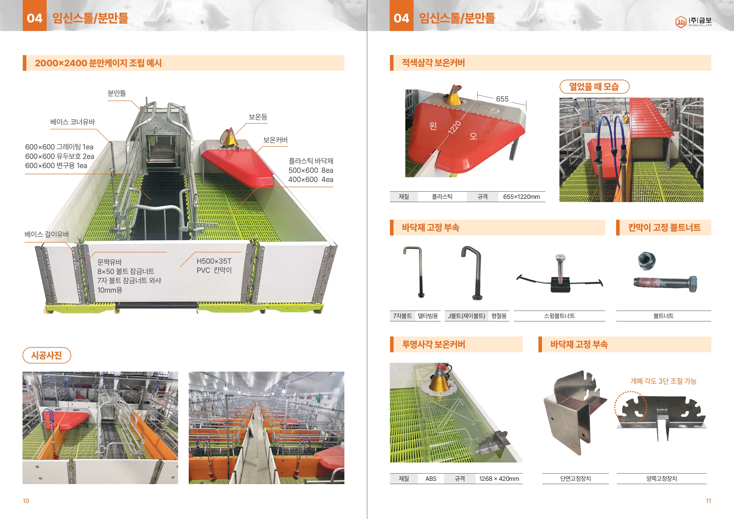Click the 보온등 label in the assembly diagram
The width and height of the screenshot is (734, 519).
pyautogui.click(x=258, y=117)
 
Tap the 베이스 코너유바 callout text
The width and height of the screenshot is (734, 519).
pyautogui.click(x=72, y=122)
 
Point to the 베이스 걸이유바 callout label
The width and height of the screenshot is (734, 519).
pyautogui.click(x=47, y=234)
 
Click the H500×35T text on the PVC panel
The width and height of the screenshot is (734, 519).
pyautogui.click(x=214, y=261)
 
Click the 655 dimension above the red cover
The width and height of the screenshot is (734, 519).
pyautogui.click(x=502, y=99)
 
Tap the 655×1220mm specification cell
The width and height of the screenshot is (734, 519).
pyautogui.click(x=521, y=197)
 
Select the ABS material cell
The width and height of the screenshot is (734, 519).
pyautogui.click(x=431, y=479)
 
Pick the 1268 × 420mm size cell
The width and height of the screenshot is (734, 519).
pyautogui.click(x=499, y=479)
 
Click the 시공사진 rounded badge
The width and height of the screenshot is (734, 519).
pyautogui.click(x=47, y=355)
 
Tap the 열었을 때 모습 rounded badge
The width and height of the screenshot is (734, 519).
pyautogui.click(x=594, y=87)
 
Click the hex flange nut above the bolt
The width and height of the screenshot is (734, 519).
pyautogui.click(x=647, y=260)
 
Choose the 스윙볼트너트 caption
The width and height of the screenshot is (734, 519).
pyautogui.click(x=559, y=316)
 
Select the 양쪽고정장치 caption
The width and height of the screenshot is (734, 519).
pyautogui.click(x=662, y=479)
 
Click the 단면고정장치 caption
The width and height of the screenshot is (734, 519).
pyautogui.click(x=575, y=479)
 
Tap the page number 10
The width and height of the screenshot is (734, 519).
pyautogui.click(x=26, y=501)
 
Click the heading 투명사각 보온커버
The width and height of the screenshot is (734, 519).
pyautogui.click(x=433, y=344)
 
